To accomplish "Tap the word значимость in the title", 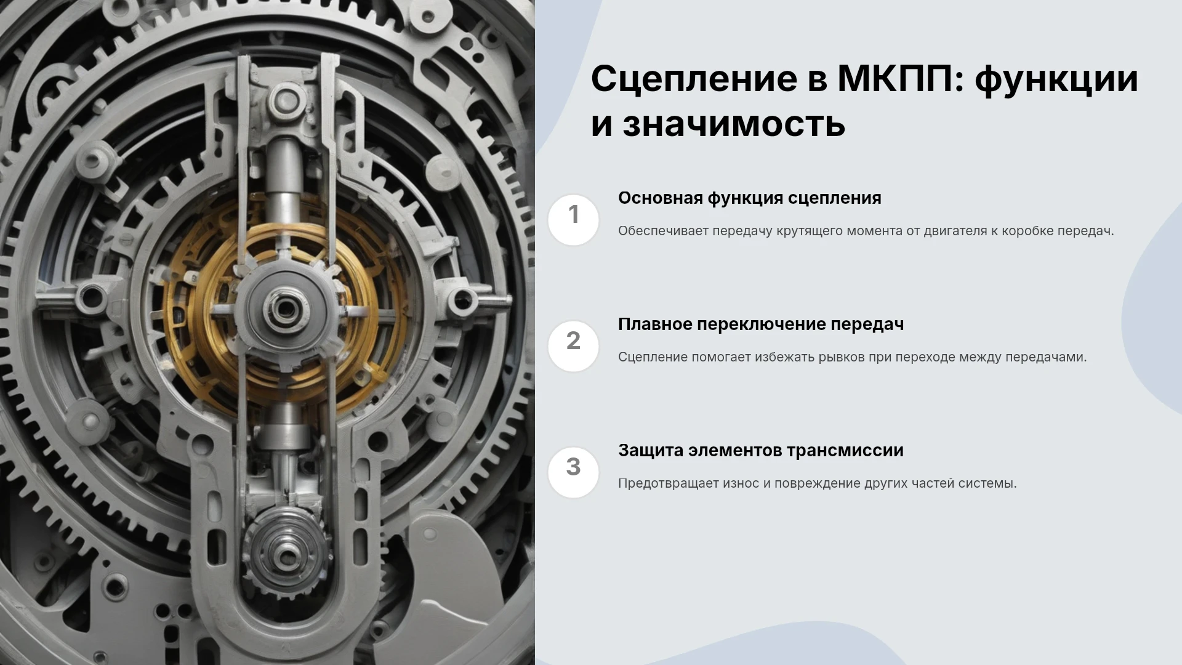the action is coord(734,124).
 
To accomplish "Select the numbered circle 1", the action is coord(573,220).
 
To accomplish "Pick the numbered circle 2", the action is coord(573,346).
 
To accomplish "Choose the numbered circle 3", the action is coord(573,472).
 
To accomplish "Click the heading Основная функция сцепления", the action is coord(750,198).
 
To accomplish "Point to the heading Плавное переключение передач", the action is coord(761,324).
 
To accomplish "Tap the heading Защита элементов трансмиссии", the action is coord(761,451).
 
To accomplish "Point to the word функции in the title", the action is coord(1056,80).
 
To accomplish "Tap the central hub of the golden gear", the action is coord(284,308).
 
